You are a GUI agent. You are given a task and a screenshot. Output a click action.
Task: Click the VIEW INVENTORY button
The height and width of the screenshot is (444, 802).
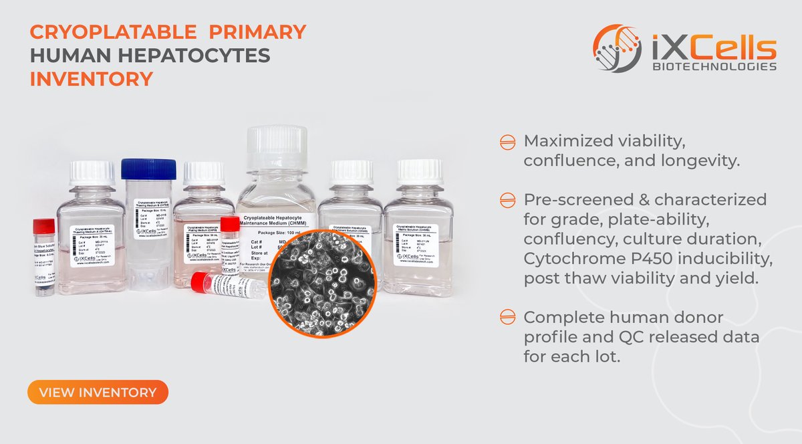(x=98, y=392)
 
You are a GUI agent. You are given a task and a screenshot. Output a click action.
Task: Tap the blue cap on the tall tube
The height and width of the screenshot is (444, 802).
(x=148, y=169)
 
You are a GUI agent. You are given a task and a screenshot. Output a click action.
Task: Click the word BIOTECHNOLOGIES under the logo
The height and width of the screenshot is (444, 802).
(x=714, y=66)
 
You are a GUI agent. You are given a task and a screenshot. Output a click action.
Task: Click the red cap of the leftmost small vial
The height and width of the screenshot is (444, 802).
(x=44, y=226)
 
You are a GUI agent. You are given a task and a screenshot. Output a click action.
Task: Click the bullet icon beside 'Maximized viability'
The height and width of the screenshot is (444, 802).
(x=507, y=142)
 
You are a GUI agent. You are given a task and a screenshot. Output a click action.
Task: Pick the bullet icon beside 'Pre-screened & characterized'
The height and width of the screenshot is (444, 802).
(x=507, y=200)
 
